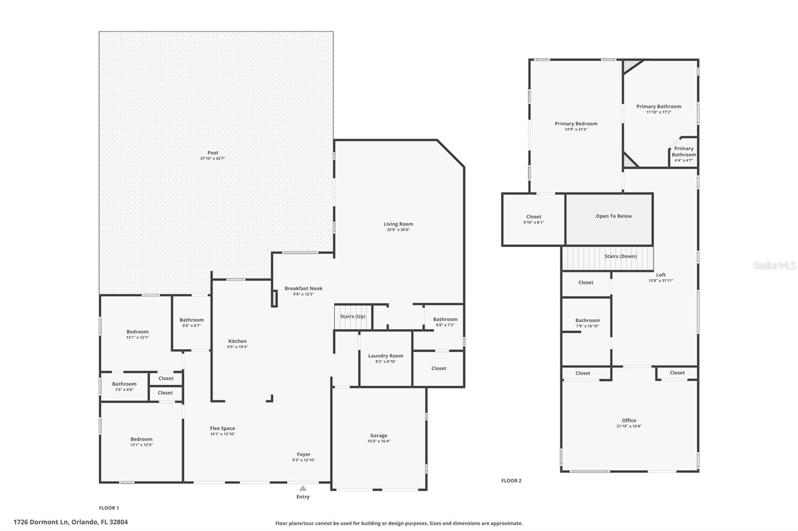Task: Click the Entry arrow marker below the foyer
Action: click(x=303, y=488)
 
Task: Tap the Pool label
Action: click(x=213, y=153)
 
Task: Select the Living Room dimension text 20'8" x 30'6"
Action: click(x=398, y=230)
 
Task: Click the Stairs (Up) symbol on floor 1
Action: click(x=353, y=317)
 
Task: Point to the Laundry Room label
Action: click(x=386, y=356)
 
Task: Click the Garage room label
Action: click(x=379, y=435)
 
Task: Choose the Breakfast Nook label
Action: click(x=303, y=288)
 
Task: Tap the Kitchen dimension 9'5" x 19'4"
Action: click(x=237, y=347)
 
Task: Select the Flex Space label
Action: click(x=222, y=428)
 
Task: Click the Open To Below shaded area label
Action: click(x=613, y=216)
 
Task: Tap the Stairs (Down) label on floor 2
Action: click(x=620, y=256)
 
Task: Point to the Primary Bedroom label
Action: click(x=576, y=124)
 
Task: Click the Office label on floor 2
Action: click(x=629, y=420)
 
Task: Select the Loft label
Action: click(x=661, y=275)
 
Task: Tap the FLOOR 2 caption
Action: click(x=511, y=481)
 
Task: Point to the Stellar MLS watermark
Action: click(x=774, y=265)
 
